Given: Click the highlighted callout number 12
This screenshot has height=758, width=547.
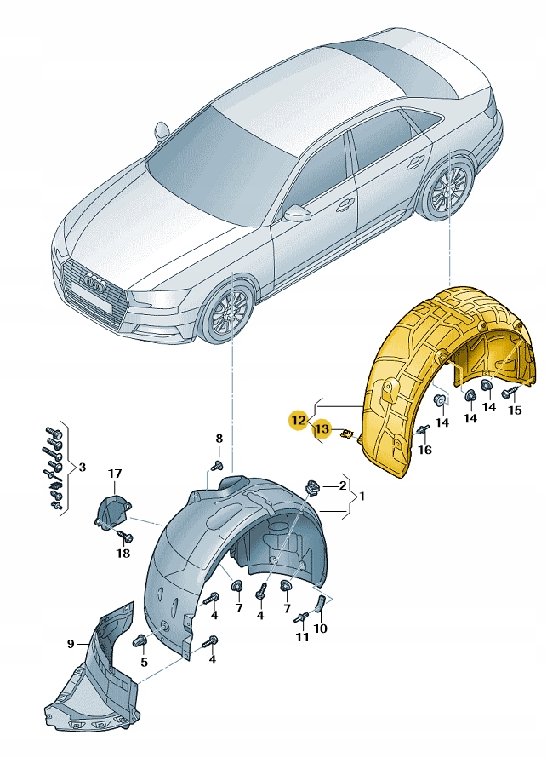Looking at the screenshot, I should [x=297, y=420].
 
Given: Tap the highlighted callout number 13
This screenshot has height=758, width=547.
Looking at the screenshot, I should [x=322, y=429].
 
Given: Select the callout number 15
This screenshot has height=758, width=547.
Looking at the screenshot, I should [x=514, y=411].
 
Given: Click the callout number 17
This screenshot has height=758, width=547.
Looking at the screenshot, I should [x=115, y=474].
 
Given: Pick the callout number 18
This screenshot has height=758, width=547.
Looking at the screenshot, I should [x=123, y=552].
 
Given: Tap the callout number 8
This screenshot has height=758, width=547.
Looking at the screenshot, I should [x=219, y=439].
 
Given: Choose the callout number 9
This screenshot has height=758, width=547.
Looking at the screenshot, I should [x=71, y=644].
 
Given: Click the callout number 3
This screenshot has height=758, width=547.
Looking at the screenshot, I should [x=82, y=467].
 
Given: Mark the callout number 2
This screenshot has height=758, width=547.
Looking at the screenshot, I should [x=342, y=485].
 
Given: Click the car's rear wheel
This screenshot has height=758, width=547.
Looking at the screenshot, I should [x=447, y=193].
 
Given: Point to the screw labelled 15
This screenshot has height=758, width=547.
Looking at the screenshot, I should [x=510, y=392].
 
